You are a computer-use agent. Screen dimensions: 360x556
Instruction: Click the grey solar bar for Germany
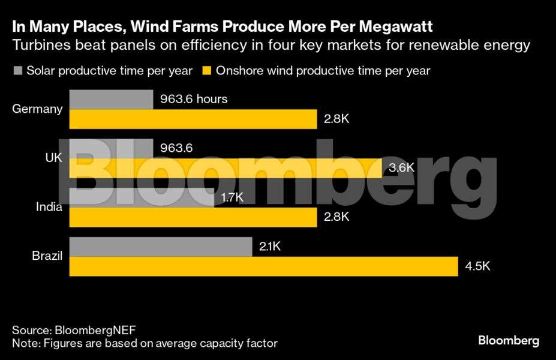111,100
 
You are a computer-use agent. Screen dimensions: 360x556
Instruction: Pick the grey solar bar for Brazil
161,247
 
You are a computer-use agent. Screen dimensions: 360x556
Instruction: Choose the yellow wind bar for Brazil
263,266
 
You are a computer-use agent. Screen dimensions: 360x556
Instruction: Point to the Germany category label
37,109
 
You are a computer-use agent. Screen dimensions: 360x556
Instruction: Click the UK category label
53,158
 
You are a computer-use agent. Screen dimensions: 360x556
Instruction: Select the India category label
49,207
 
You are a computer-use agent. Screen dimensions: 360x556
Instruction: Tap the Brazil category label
47,256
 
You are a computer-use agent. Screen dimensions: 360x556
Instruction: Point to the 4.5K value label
477,266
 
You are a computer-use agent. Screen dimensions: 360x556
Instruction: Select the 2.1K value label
270,247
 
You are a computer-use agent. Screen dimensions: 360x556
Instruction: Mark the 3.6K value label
401,168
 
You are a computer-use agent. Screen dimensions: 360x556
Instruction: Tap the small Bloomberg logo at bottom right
508,341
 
